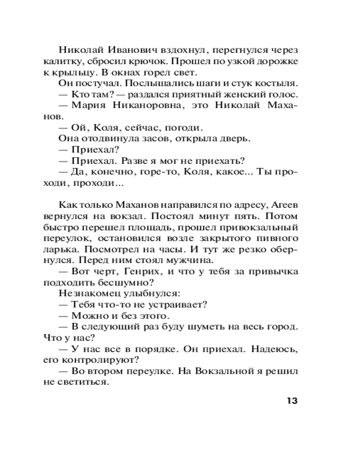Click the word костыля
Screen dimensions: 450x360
point(277,84)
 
